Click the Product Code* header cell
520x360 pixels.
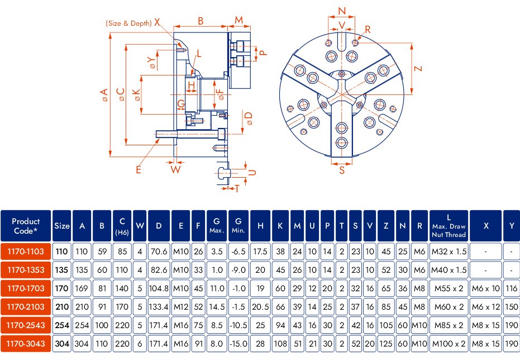pyautogui.click(x=26, y=226)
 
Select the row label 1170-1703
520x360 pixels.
pyautogui.click(x=26, y=288)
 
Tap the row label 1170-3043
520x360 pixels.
pyautogui.click(x=26, y=343)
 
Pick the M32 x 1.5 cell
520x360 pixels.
pyautogui.click(x=449, y=252)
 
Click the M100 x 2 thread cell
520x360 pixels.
pyautogui.click(x=449, y=343)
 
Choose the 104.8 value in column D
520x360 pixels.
pyautogui.click(x=159, y=288)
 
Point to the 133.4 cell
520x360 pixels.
pyautogui.click(x=159, y=307)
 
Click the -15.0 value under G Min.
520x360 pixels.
pyautogui.click(x=238, y=343)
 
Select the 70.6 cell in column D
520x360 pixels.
pyautogui.click(x=159, y=252)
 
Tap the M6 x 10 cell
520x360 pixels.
pyautogui.click(x=486, y=288)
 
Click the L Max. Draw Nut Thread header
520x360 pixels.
pyautogui.click(x=449, y=226)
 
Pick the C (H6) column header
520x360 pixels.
pyautogui.click(x=122, y=226)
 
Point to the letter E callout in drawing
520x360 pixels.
pyautogui.click(x=139, y=168)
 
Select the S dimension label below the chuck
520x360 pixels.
pyautogui.click(x=342, y=171)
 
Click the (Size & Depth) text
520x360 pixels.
pyautogui.click(x=128, y=23)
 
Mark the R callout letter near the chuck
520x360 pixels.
pyautogui.click(x=368, y=29)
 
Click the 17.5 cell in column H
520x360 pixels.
pyautogui.click(x=260, y=252)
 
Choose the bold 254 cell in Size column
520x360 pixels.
pyautogui.click(x=61, y=325)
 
